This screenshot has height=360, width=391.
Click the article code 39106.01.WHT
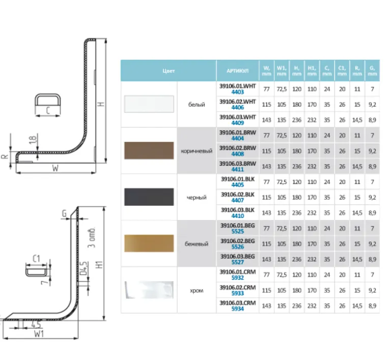pyautogui.click(x=238, y=87)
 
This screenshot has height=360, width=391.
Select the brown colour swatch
pyautogui.click(x=149, y=150)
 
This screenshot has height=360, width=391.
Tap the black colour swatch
pyautogui.click(x=149, y=197)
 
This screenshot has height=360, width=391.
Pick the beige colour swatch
pyautogui.click(x=149, y=243)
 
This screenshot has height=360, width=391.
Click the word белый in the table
pyautogui.click(x=197, y=104)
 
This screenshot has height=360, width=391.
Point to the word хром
pyautogui.click(x=197, y=290)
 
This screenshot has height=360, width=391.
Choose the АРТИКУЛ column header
pyautogui.click(x=237, y=71)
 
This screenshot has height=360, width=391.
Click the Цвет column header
pyautogui.click(x=169, y=71)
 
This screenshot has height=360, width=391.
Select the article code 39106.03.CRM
pyautogui.click(x=238, y=303)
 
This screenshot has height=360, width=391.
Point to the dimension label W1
pyautogui.click(x=40, y=334)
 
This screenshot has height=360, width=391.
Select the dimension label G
pyautogui.click(x=65, y=215)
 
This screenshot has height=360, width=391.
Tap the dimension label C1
pyautogui.click(x=36, y=259)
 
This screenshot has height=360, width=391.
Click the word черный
pyautogui.click(x=197, y=197)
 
